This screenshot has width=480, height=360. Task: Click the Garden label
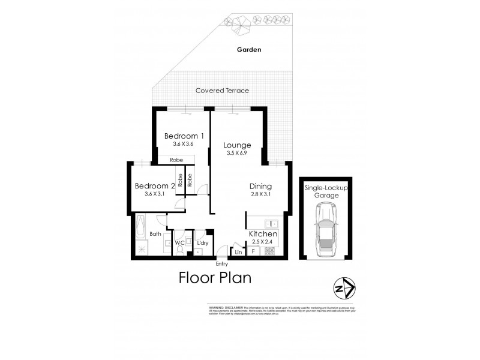[248, 50]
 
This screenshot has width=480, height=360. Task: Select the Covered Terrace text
[222, 91]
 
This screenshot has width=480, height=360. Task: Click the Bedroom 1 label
[185, 136]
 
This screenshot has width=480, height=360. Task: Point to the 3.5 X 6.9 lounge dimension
[237, 154]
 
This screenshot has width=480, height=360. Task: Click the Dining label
[261, 186]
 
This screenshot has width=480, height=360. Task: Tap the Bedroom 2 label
[154, 186]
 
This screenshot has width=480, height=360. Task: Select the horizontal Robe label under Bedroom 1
[176, 160]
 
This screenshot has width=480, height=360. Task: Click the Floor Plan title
[215, 278]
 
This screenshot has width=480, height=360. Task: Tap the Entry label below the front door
[222, 263]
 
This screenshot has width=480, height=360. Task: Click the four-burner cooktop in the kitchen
[269, 251]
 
